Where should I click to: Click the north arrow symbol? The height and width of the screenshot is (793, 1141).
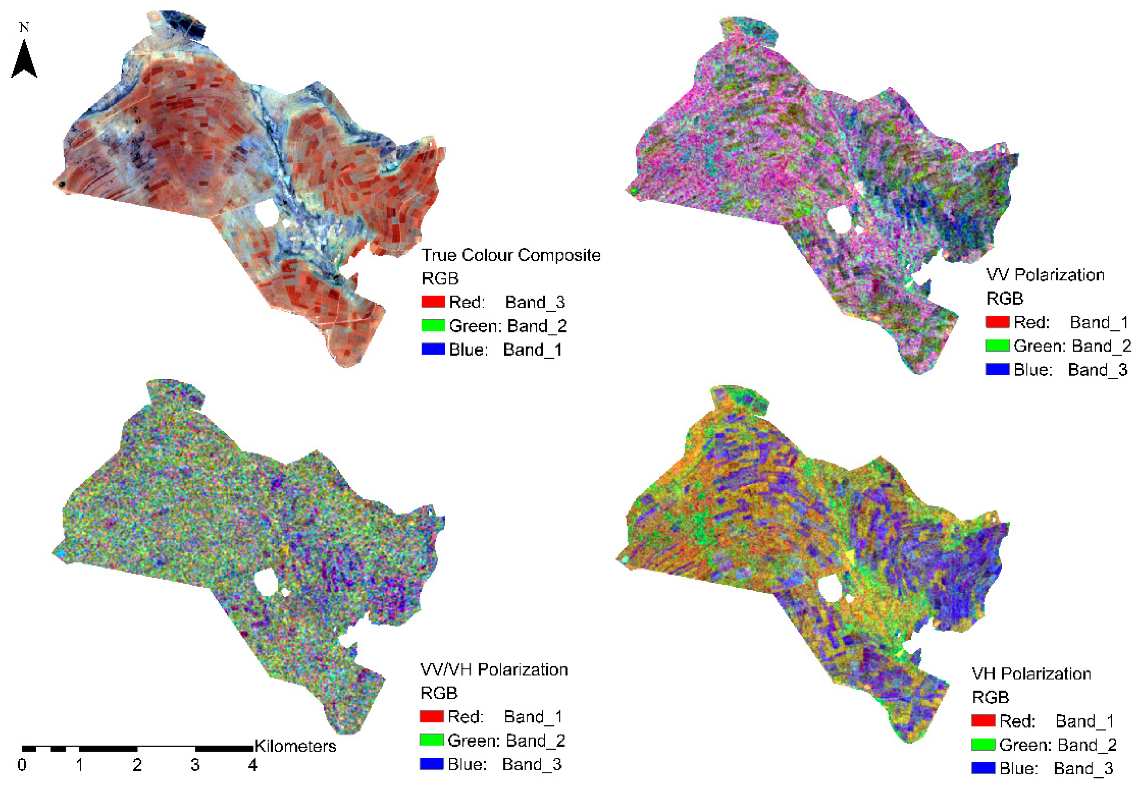pos(24,61)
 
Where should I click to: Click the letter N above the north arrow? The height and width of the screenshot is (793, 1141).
pos(24,27)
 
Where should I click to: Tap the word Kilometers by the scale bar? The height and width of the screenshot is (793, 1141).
pos(295,746)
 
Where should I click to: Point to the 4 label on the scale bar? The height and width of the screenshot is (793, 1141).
pos(253,765)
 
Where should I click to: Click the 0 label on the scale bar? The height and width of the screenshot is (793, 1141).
pos(22,765)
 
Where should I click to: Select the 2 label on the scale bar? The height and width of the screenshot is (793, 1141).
pos(137,765)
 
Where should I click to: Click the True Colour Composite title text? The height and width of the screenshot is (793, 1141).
pos(511,255)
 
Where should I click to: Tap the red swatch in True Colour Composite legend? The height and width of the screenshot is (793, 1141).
pos(433,302)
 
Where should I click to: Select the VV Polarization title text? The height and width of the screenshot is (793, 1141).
pos(1045,275)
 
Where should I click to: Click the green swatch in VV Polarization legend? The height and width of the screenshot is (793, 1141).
pos(997,346)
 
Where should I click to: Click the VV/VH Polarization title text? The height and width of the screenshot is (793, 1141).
pos(494,669)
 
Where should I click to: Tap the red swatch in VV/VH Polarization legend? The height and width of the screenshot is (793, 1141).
pos(431,716)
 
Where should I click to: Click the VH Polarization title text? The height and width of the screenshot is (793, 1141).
pos(1031,673)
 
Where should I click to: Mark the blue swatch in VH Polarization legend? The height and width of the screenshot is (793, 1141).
pos(983,768)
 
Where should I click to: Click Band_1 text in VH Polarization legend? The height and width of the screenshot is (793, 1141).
pos(1085,721)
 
